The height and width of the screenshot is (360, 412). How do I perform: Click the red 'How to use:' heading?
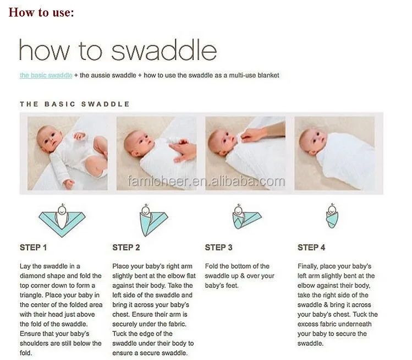coord(41,12)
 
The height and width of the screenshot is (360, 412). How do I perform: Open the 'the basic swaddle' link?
coord(46,75)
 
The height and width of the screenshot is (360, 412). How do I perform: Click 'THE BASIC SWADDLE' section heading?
coord(75,103)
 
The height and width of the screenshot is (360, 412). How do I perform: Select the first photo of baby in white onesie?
coord(68,153)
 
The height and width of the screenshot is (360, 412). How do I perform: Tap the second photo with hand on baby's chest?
coord(156,153)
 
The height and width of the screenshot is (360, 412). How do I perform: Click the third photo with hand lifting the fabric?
coord(245,153)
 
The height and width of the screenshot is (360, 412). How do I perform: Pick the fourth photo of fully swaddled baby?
coord(334,153)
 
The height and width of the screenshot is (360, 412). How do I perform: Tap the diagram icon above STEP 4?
coord(332,218)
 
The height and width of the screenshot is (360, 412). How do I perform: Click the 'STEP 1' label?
coord(34,248)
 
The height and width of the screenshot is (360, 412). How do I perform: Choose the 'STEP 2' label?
coord(126,248)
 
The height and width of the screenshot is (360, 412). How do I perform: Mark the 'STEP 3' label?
coord(218,248)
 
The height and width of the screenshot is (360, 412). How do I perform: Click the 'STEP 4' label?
coord(311,248)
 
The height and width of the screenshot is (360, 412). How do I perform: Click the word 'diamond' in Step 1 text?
coord(33,276)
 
